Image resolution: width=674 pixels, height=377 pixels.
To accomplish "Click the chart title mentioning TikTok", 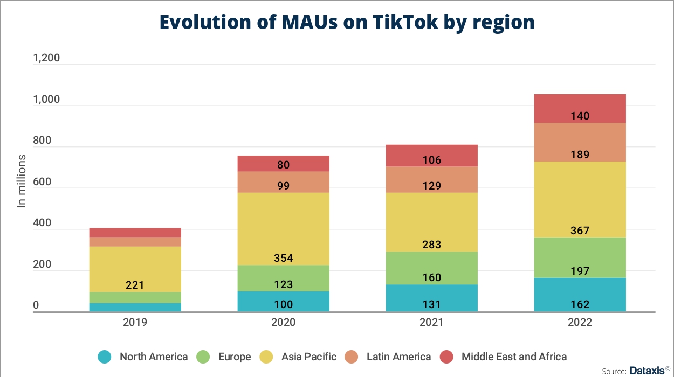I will (347, 23).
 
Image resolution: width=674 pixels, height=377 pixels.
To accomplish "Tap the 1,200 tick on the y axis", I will (46, 59).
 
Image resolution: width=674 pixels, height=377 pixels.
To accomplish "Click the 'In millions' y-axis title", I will (22, 181).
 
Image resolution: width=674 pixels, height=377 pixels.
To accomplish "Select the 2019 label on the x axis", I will (135, 323).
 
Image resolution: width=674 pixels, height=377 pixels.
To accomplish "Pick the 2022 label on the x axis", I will (580, 323).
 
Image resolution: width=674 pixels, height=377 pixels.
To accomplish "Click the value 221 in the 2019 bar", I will (135, 285).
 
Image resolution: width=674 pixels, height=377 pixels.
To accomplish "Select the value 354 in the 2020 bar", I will (283, 259).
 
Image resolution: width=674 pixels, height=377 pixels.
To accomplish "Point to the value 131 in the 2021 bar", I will (431, 304).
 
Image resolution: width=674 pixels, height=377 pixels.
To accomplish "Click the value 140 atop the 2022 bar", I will (580, 116).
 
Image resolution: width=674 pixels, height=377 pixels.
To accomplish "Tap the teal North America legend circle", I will (105, 357).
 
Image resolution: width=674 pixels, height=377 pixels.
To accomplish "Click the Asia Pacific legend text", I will (308, 357).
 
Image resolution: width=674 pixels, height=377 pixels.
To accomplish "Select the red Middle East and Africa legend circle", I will (447, 357).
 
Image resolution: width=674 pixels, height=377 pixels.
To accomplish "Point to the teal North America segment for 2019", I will (135, 307).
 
